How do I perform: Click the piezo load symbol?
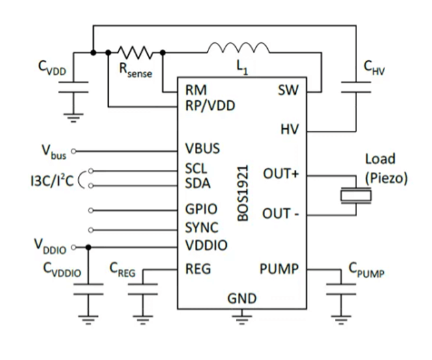[x=354, y=195]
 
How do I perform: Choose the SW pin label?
[x=287, y=90]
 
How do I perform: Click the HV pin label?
[x=289, y=130]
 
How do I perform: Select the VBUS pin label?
[x=202, y=148]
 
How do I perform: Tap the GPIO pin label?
[x=201, y=210]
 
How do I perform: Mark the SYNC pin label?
[x=201, y=228]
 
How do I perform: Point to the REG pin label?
[x=197, y=268]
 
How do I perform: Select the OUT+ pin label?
[x=280, y=174]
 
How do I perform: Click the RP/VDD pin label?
[x=210, y=105]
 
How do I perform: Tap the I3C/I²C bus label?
[x=50, y=178]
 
